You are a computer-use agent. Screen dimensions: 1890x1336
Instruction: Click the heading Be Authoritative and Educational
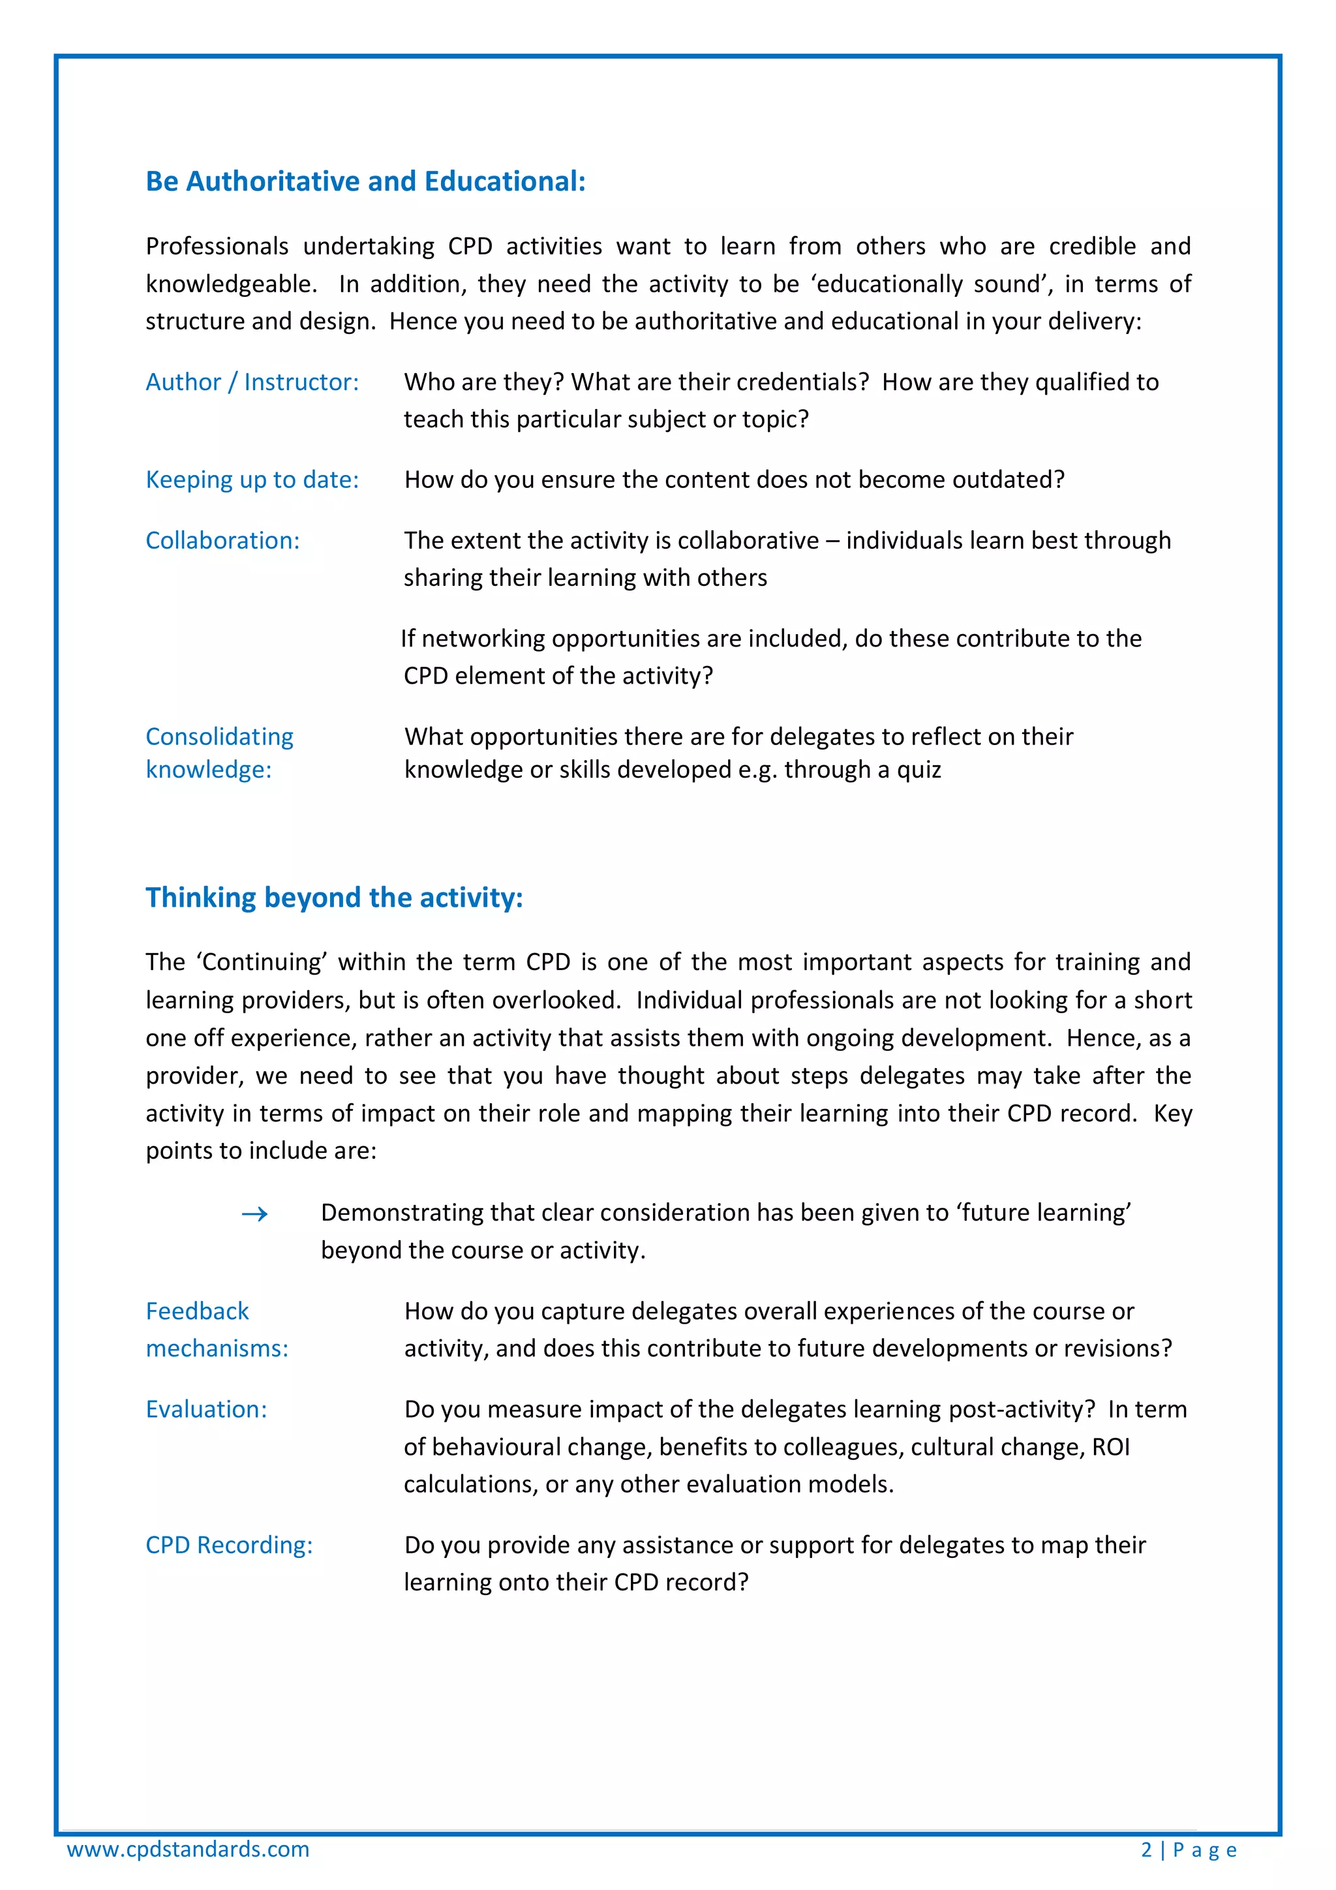365,181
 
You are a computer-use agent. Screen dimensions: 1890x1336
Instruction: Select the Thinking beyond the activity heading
334,897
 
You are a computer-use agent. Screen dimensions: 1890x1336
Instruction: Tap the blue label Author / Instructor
252,382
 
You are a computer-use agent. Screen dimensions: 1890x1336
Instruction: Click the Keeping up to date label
252,480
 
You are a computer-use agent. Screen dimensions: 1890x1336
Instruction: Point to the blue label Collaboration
222,541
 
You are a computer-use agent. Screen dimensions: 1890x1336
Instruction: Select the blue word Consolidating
219,737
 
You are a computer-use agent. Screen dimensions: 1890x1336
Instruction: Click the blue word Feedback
197,1311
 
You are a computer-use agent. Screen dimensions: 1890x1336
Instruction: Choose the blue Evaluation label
205,1409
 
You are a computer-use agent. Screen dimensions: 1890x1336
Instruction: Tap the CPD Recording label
229,1545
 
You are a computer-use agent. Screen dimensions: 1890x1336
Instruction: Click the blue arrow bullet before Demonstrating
254,1214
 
